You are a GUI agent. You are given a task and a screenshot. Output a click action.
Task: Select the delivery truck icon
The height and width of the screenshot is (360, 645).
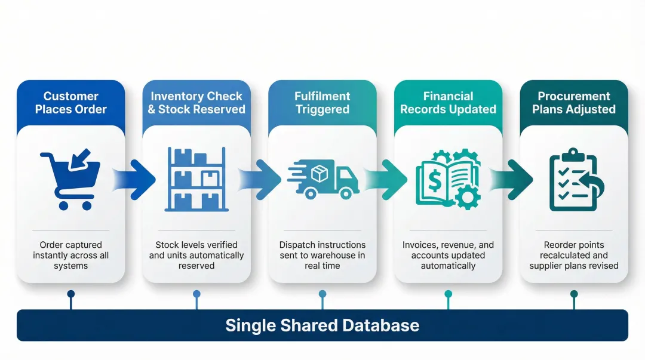click(x=323, y=180)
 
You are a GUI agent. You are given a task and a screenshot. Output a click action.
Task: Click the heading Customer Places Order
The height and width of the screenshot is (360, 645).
click(x=70, y=103)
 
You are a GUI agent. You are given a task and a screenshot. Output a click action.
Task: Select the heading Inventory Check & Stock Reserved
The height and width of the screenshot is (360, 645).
click(x=196, y=103)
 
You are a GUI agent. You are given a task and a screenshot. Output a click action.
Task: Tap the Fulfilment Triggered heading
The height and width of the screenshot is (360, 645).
click(x=322, y=103)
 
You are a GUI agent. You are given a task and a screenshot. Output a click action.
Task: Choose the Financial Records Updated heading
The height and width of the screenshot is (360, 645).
click(x=448, y=103)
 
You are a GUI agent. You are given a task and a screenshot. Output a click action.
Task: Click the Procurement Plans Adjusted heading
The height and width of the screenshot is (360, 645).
click(x=574, y=103)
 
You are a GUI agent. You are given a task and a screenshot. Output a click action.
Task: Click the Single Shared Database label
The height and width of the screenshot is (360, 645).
click(x=322, y=325)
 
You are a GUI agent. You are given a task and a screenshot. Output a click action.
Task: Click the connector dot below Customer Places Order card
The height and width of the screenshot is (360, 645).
click(x=71, y=294)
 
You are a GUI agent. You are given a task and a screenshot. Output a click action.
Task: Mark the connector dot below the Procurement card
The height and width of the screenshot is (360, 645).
click(x=574, y=294)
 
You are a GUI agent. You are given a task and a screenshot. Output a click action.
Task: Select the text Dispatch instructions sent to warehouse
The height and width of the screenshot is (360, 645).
click(x=322, y=256)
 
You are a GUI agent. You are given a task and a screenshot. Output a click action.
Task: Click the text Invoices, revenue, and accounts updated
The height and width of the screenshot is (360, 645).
click(x=448, y=256)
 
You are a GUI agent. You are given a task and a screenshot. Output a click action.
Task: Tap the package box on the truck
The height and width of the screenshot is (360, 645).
click(x=320, y=174)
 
